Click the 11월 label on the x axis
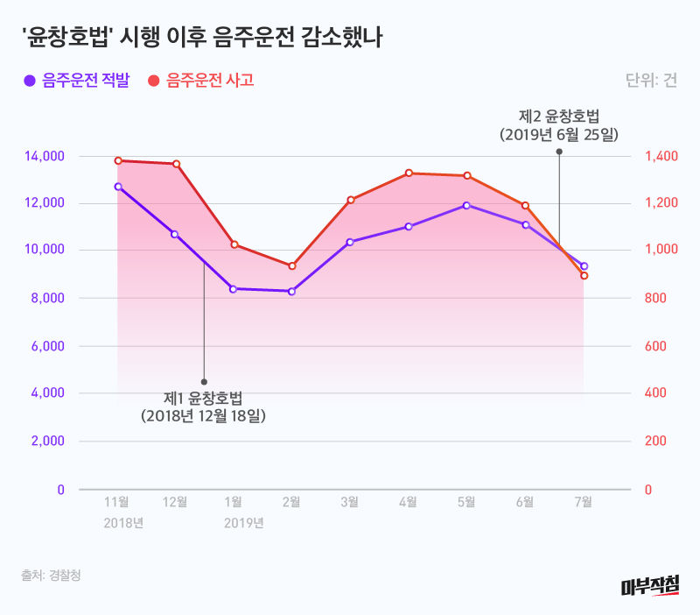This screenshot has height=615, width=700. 117,502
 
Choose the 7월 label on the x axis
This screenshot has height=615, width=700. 584,502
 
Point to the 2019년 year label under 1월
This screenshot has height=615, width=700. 244,523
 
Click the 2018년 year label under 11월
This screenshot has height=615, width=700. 123,523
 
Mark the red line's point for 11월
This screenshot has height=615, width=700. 117,160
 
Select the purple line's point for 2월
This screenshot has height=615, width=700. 291,291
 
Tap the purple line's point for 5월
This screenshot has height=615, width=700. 466,205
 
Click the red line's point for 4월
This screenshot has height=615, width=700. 409,173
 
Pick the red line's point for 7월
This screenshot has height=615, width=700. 584,276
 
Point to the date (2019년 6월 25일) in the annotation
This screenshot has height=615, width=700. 559,135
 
